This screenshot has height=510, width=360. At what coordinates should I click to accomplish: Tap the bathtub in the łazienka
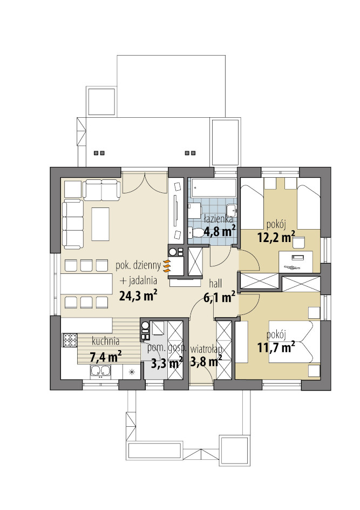(x=213, y=187)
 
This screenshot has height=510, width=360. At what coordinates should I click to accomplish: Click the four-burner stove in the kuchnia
(x=70, y=340)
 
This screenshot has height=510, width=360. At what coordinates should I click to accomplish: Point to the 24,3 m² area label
(x=139, y=296)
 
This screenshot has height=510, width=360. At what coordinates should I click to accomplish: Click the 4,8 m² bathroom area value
(x=220, y=232)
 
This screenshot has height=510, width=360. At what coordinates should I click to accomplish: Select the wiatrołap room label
(x=206, y=350)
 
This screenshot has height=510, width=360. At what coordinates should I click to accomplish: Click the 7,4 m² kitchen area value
(x=106, y=357)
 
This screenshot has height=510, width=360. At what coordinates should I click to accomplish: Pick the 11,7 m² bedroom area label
(x=276, y=347)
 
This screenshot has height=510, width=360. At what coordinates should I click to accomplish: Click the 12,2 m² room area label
(x=276, y=237)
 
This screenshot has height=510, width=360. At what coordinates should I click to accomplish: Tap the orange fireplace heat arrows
(x=167, y=266)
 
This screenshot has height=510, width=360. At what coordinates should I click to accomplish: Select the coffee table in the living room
(x=100, y=224)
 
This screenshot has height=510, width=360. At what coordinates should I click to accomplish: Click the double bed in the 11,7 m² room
(x=290, y=341)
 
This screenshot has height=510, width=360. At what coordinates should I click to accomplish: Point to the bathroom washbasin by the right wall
(x=231, y=211)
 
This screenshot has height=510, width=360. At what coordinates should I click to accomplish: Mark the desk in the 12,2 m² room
(x=296, y=262)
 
